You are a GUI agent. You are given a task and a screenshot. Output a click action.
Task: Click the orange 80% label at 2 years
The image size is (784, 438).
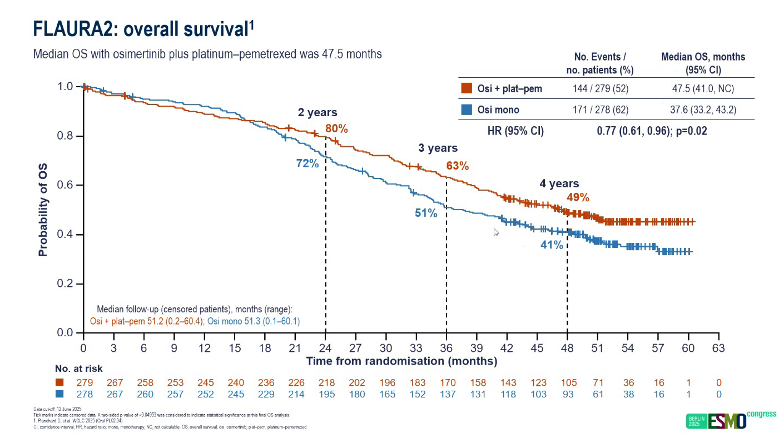tap(336, 129)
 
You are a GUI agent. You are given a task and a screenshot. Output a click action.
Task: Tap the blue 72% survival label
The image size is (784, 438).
tap(307, 163)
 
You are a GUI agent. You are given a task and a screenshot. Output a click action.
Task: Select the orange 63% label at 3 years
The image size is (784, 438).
tap(457, 166)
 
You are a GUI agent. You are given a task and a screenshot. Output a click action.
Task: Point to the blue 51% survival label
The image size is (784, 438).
tap(425, 213)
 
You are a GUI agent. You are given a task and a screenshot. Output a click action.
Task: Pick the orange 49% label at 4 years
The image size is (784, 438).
tap(578, 197)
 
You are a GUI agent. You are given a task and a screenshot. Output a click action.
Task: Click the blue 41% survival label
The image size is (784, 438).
tap(552, 244)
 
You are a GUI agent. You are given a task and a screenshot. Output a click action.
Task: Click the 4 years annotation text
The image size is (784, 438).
tap(559, 183)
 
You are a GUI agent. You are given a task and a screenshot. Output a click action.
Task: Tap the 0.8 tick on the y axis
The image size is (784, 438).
tap(66, 136)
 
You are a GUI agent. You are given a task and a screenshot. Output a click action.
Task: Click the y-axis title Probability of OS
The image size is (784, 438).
tap(43, 210)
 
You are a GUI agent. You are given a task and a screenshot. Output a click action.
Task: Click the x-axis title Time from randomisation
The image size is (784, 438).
tap(401, 361)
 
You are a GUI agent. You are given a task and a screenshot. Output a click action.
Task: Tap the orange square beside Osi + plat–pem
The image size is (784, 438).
tap(467, 88)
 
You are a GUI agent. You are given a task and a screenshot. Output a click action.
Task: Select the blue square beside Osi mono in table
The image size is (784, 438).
tap(467, 109)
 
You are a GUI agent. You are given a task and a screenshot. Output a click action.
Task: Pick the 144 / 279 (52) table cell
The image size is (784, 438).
tap(600, 89)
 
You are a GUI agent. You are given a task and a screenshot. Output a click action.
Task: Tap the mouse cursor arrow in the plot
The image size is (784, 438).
tap(496, 232)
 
